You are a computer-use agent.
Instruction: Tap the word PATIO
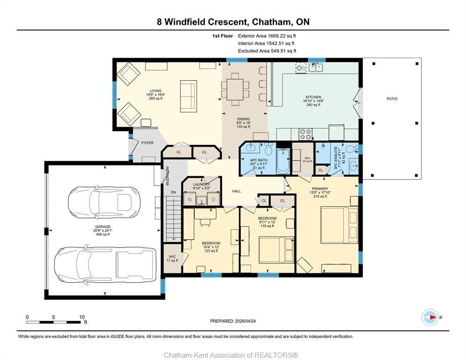pos(392,99)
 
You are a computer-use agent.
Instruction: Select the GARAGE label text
pos(103,227)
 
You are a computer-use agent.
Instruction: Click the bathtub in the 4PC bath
pos(283,162)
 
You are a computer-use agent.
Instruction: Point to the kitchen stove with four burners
pos(306,134)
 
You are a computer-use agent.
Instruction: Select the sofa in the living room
pos(188,96)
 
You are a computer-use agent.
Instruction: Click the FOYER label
pos(147,143)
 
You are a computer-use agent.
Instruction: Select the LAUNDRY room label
pos(201,185)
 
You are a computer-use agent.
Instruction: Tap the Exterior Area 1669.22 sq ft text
pos(267,36)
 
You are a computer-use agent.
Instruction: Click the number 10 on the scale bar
pos(82,317)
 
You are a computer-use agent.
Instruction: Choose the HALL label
pos(236,191)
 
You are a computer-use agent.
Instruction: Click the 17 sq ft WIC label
pos(172,258)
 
